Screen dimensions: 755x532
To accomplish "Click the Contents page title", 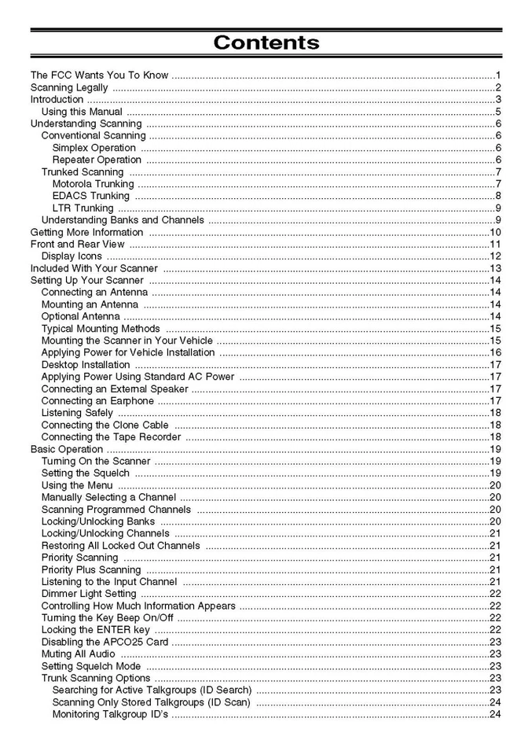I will pyautogui.click(x=266, y=42).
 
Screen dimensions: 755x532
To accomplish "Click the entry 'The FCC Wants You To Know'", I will pyautogui.click(x=99, y=75).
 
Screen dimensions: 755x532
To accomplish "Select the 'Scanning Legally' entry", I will pyautogui.click(x=69, y=87).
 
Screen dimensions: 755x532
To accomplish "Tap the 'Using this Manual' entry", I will pyautogui.click(x=82, y=112).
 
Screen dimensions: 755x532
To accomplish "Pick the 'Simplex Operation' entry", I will pyautogui.click(x=94, y=148).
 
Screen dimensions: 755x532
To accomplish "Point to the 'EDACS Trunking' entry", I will pyautogui.click(x=91, y=196).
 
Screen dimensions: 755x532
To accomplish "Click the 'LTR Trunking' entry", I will pyautogui.click(x=83, y=208).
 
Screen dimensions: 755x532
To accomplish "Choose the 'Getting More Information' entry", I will pyautogui.click(x=86, y=232).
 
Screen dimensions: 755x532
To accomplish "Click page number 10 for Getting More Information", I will pyautogui.click(x=495, y=232).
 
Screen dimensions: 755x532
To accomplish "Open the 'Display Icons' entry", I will pyautogui.click(x=72, y=256).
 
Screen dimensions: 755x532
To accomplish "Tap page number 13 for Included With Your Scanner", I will pyautogui.click(x=495, y=268).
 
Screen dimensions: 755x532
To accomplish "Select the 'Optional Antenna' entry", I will pyautogui.click(x=81, y=316).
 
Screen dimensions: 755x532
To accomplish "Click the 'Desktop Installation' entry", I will pyautogui.click(x=86, y=365).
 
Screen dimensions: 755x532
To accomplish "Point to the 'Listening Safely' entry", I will pyautogui.click(x=77, y=413).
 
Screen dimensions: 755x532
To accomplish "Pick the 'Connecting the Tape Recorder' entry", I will pyautogui.click(x=112, y=436).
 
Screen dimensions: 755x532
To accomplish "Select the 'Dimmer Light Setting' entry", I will pyautogui.click(x=89, y=594).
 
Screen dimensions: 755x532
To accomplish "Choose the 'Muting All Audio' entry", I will pyautogui.click(x=79, y=654).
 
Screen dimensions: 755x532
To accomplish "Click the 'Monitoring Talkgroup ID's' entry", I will pyautogui.click(x=110, y=714).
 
